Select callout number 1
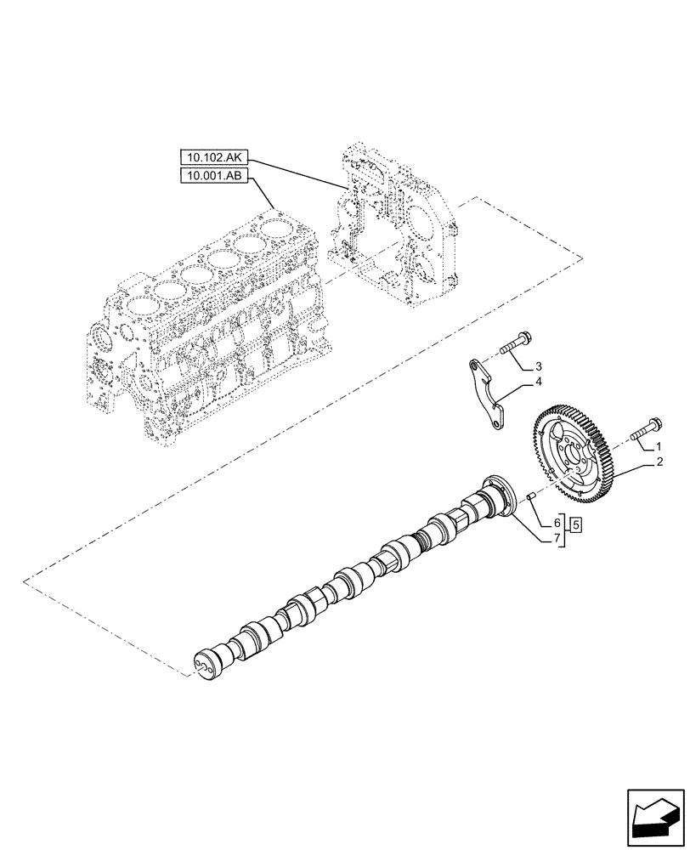click(659, 445)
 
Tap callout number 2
click(659, 463)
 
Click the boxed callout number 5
click(576, 524)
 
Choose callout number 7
click(557, 539)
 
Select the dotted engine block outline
click(204, 340)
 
